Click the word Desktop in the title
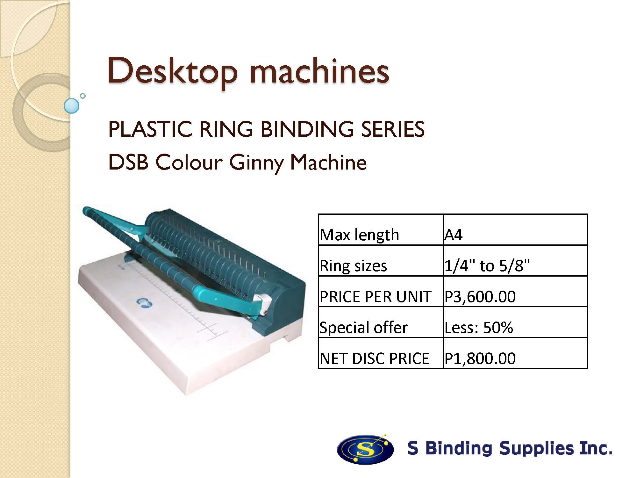point(172,71)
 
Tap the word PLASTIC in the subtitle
point(150,129)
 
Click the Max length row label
point(359,235)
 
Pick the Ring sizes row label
point(353,266)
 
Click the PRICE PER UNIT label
point(376,297)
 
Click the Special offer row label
point(363,328)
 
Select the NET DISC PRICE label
point(375,358)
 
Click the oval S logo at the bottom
point(365,449)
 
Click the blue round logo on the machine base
point(144,303)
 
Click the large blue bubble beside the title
point(71,106)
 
